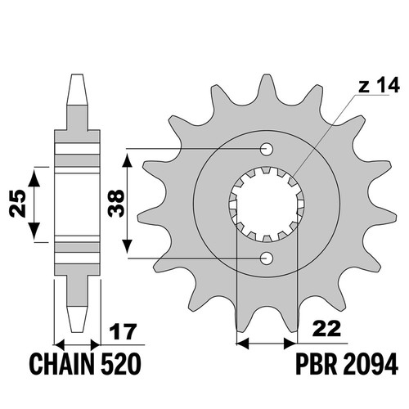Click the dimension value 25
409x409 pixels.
17,203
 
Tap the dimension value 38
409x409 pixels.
116,203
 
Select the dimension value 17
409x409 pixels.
123,332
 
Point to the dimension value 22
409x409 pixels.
326,329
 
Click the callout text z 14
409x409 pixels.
379,85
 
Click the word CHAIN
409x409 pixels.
64,364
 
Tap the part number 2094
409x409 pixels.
369,364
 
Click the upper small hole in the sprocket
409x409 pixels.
267,149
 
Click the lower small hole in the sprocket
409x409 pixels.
267,258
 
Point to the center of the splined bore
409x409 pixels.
267,204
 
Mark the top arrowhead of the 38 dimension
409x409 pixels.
127,160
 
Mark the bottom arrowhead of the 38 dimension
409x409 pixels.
127,247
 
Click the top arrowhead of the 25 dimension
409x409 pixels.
34,178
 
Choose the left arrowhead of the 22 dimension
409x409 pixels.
243,344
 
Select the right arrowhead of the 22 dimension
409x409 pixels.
290,344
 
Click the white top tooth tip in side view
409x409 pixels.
77,89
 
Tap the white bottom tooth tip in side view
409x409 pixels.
77,319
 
